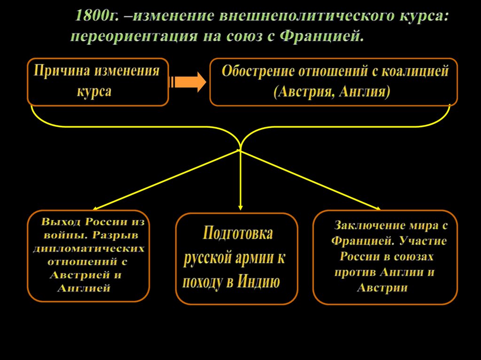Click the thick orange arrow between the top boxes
(188, 82)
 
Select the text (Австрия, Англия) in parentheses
(332, 91)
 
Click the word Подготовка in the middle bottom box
(238, 233)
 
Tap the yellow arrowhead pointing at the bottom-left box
(95, 208)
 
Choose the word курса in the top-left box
(94, 90)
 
